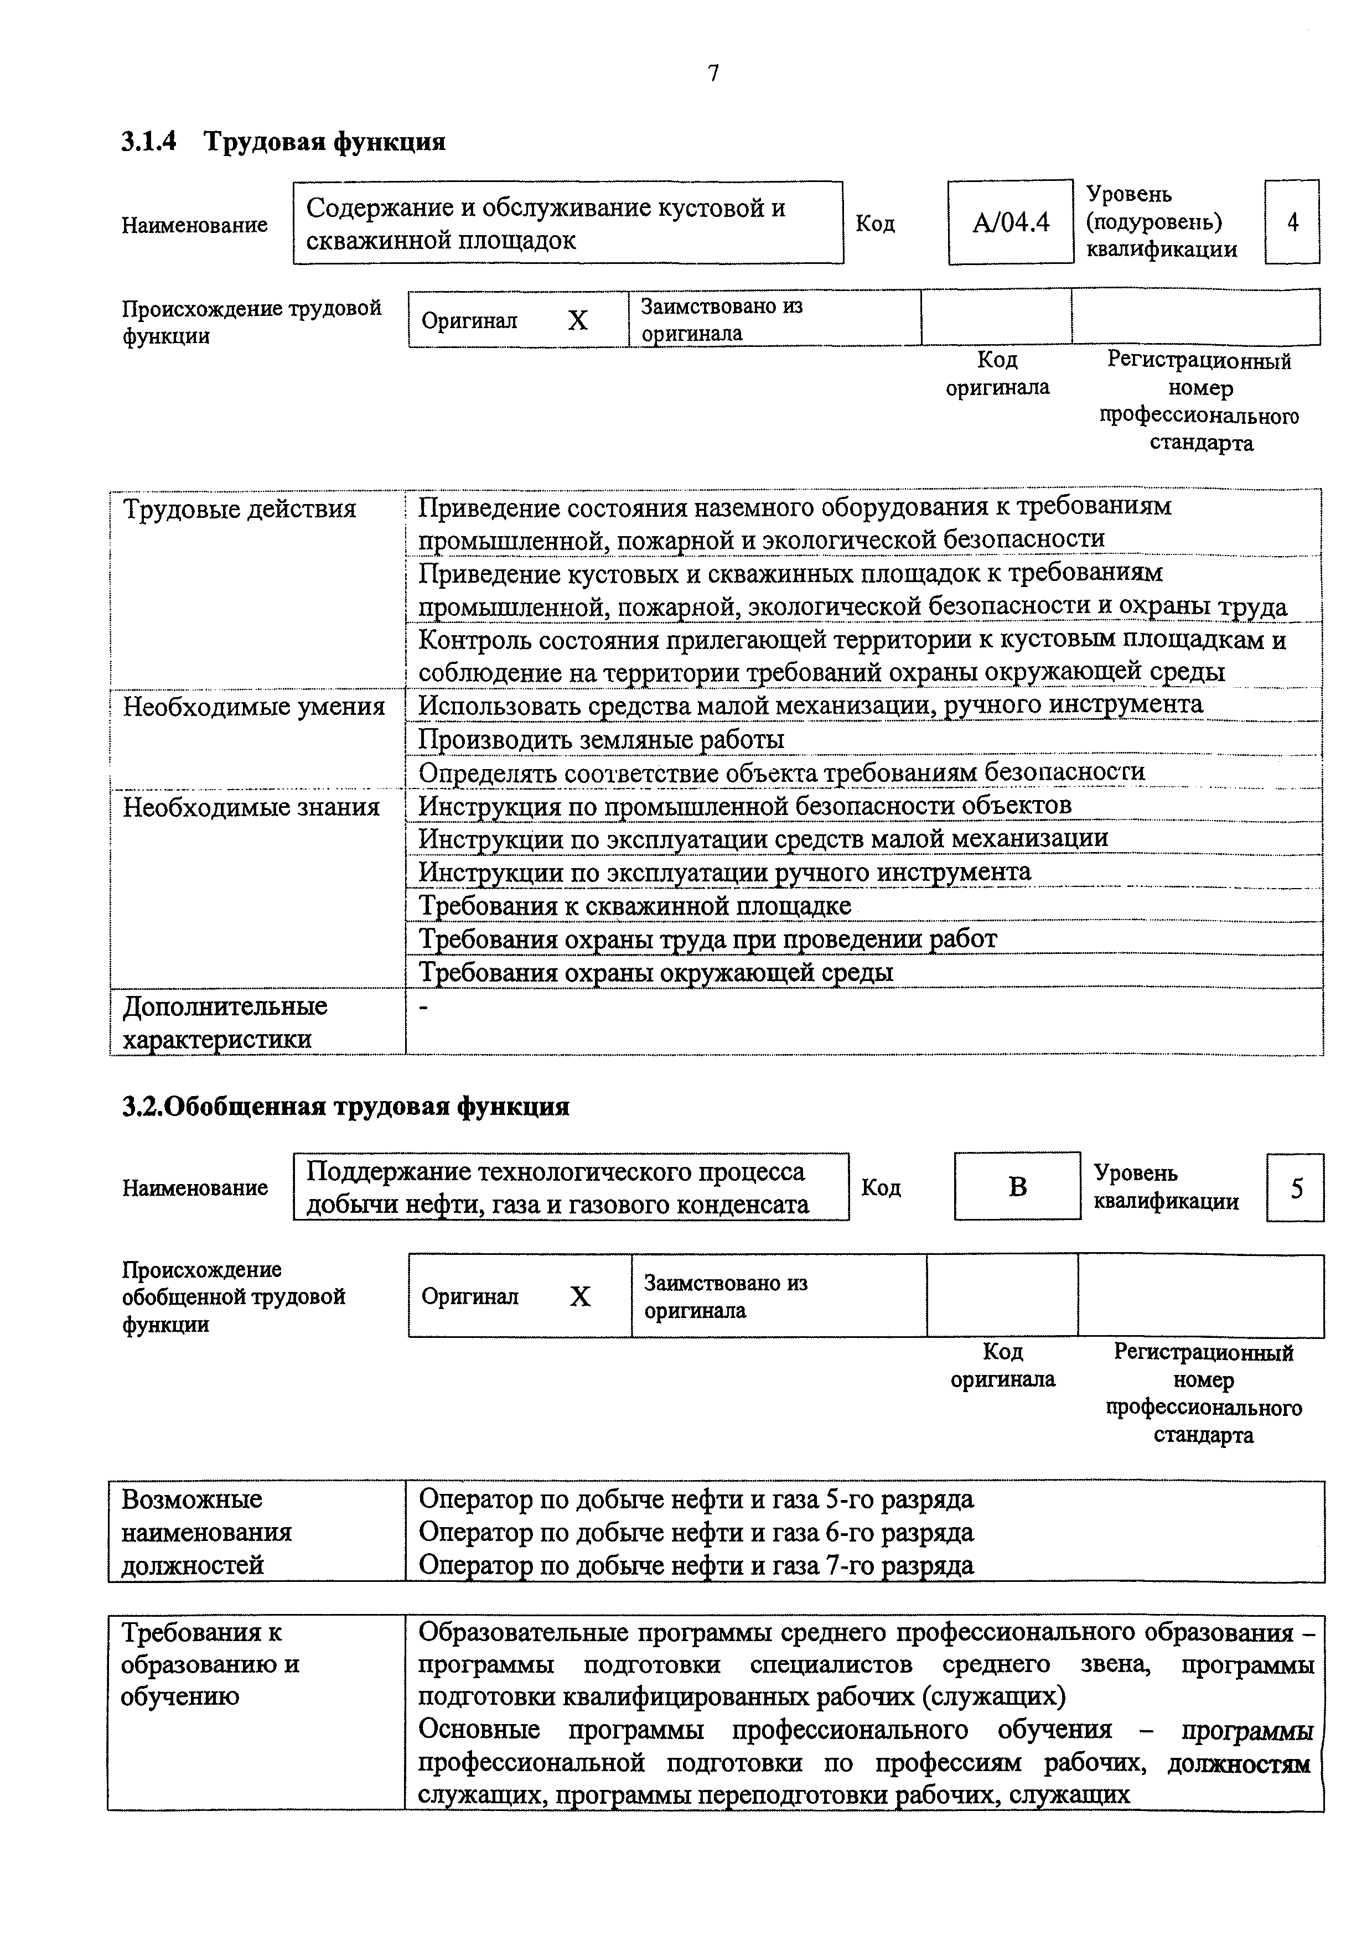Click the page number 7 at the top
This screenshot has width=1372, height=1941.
[713, 74]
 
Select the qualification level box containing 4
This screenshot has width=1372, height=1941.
[1292, 222]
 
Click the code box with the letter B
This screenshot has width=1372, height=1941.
[1017, 1187]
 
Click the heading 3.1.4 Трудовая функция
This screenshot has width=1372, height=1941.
[283, 141]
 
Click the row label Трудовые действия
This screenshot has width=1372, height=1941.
[240, 510]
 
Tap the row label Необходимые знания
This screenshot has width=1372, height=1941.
[252, 807]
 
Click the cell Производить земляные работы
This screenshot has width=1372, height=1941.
[602, 740]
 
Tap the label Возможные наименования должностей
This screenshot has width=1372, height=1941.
[207, 1532]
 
